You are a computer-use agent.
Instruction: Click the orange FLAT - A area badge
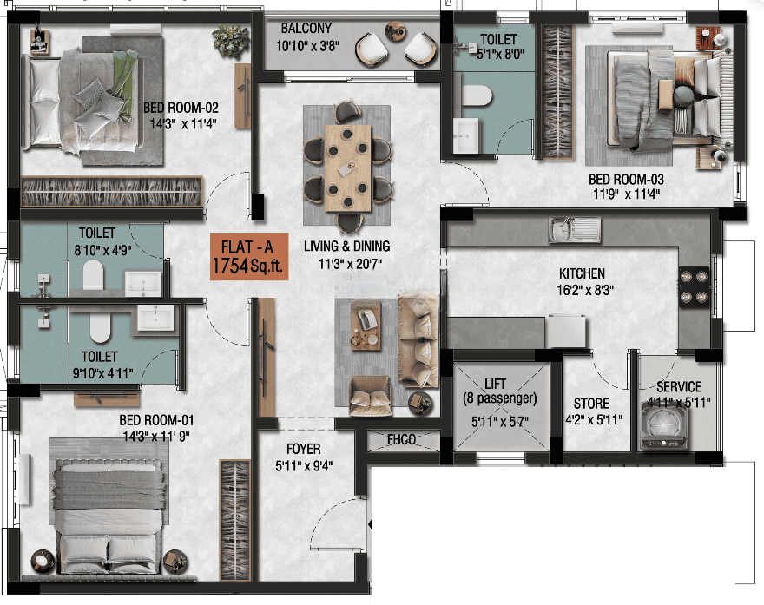click(249, 257)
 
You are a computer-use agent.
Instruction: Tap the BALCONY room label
click(306, 29)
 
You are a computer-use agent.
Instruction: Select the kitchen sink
click(575, 229)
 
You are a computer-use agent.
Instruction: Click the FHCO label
click(401, 440)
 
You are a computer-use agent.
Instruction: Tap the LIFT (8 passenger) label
click(499, 391)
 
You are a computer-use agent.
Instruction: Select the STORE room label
click(591, 404)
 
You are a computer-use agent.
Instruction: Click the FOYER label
click(304, 449)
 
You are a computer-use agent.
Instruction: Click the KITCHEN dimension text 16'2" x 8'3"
click(584, 290)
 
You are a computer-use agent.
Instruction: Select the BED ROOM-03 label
click(626, 180)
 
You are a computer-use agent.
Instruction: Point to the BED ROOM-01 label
click(156, 420)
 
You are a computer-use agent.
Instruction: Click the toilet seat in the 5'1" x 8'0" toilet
click(476, 95)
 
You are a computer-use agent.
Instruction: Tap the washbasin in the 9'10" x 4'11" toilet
click(155, 318)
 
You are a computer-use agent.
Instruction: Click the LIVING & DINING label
click(347, 246)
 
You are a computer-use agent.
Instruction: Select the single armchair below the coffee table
click(369, 396)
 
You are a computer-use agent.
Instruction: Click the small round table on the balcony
click(395, 31)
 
